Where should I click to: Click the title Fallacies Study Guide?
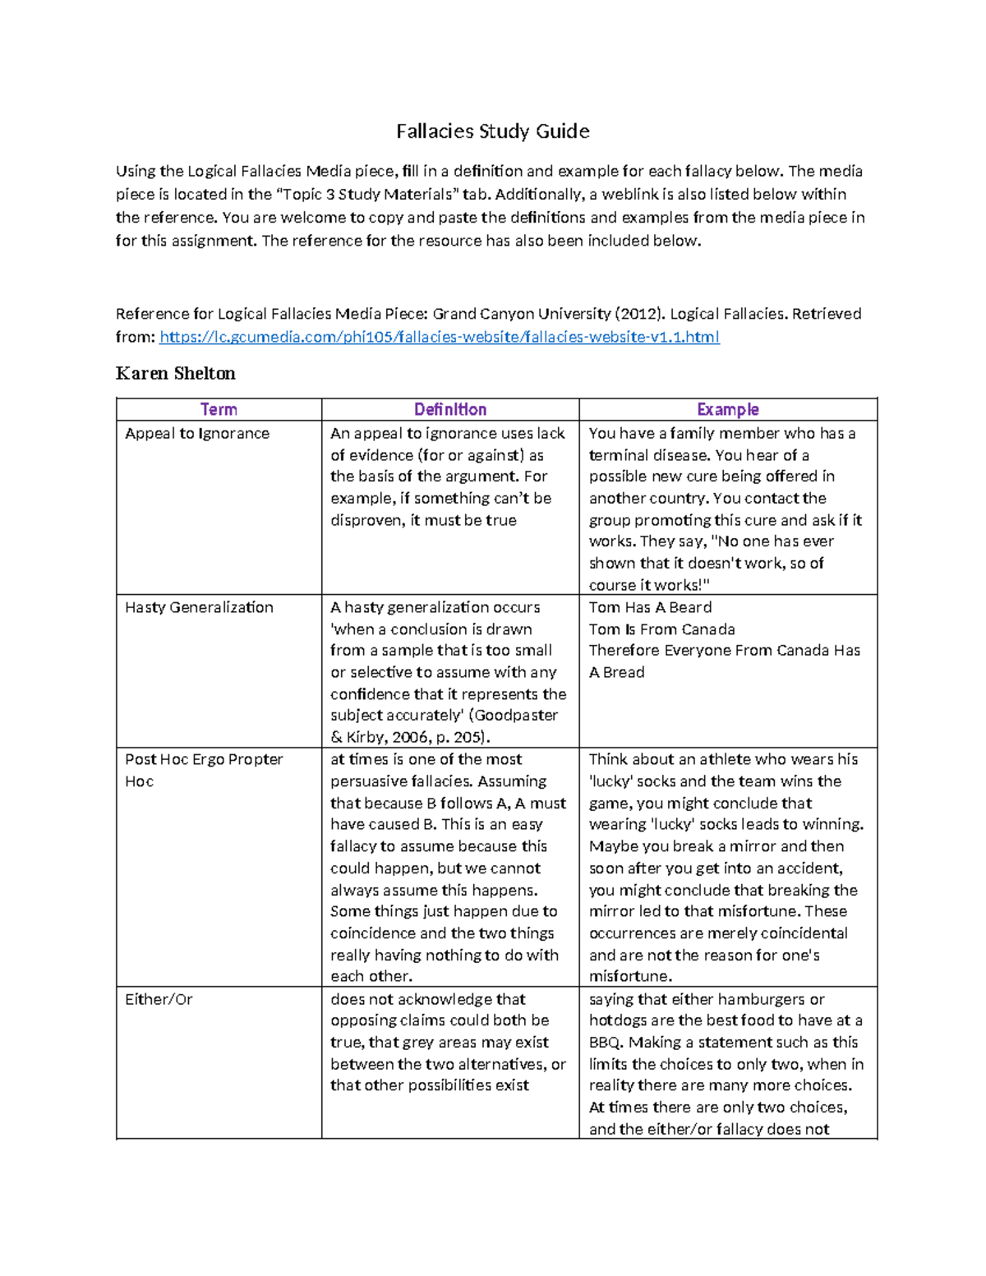coord(492,131)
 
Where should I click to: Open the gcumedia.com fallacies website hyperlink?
coord(440,337)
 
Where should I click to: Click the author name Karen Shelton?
coord(175,374)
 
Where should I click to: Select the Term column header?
coord(219,409)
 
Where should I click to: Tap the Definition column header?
coord(450,409)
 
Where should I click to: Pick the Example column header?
coord(727,409)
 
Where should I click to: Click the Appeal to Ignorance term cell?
coord(197,434)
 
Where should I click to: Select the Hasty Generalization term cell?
coord(199,608)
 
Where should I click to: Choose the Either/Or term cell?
coord(159,1000)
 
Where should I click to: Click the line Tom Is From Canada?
coord(661,629)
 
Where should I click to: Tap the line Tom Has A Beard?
coord(650,608)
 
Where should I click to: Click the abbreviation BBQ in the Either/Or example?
coord(606,1043)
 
